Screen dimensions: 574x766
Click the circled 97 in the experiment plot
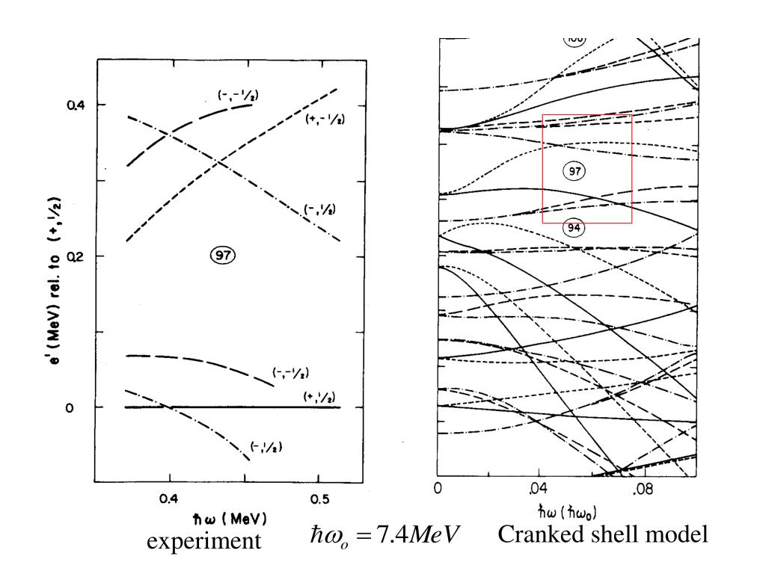pyautogui.click(x=222, y=256)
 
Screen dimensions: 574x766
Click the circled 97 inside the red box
pyautogui.click(x=574, y=171)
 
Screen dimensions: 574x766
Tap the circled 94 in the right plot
pyautogui.click(x=574, y=228)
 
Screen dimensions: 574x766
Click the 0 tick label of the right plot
pyautogui.click(x=438, y=490)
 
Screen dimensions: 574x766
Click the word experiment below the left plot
pyautogui.click(x=203, y=542)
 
